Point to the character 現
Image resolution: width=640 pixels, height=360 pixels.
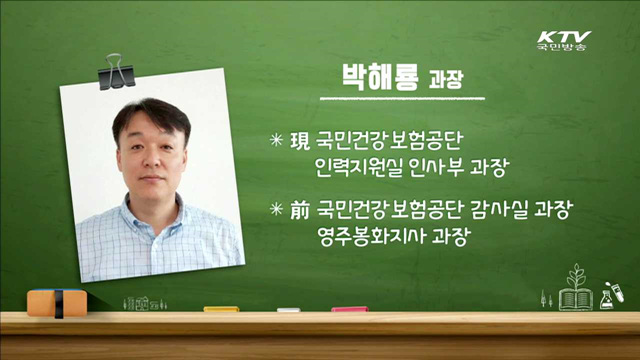[x=299, y=142]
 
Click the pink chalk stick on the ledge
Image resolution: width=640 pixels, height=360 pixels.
[x=349, y=309]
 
